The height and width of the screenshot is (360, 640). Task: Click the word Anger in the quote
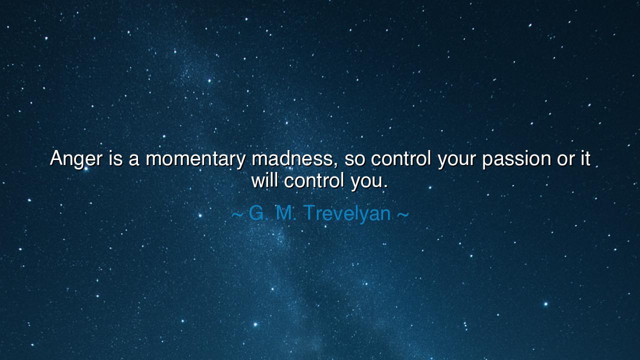pyautogui.click(x=76, y=159)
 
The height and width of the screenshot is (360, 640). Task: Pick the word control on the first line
pyautogui.click(x=401, y=158)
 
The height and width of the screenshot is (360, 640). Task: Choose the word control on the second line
pyautogui.click(x=314, y=180)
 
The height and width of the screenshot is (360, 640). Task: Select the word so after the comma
pyautogui.click(x=355, y=160)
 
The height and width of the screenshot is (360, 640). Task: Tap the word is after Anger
pyautogui.click(x=115, y=158)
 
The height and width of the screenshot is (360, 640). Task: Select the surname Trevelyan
pyautogui.click(x=347, y=213)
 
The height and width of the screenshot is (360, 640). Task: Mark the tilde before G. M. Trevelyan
pyautogui.click(x=237, y=214)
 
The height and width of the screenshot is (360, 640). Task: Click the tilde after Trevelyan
pyautogui.click(x=403, y=214)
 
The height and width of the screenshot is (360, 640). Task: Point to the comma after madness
pyautogui.click(x=336, y=165)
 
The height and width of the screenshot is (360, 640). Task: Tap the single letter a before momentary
pyautogui.click(x=133, y=160)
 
